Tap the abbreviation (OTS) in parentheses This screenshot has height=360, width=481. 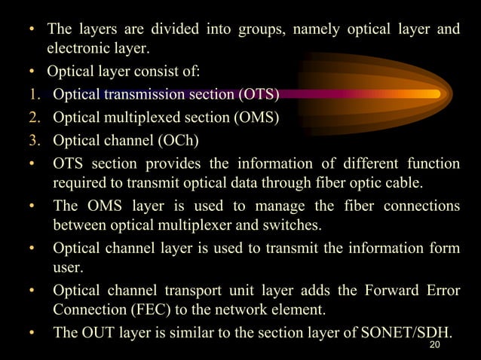[x=259, y=94]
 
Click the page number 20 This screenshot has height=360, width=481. [x=434, y=345]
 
